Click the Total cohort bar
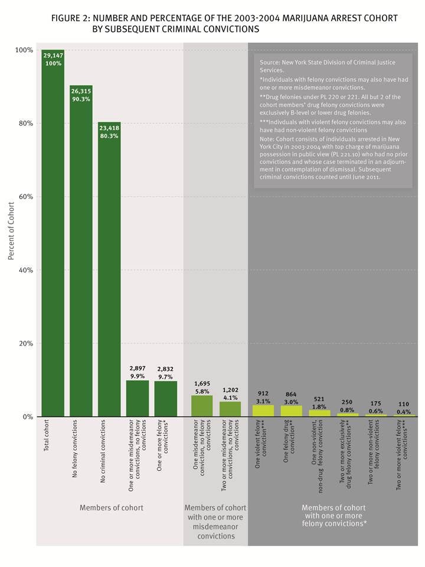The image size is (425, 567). click(x=53, y=236)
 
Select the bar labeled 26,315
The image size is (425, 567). click(x=81, y=254)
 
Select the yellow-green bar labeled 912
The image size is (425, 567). click(x=263, y=410)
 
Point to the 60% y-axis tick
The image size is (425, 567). click(x=24, y=197)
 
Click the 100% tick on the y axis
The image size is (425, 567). click(x=23, y=50)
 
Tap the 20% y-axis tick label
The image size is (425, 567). click(x=24, y=343)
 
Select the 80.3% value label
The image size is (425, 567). click(x=109, y=136)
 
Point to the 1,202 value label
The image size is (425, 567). click(x=230, y=390)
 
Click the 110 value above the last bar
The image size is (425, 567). click(x=404, y=405)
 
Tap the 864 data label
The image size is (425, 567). click(x=291, y=394)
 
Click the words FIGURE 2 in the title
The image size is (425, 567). click(x=71, y=18)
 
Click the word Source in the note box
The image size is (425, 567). click(x=269, y=62)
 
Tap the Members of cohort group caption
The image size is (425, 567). click(x=112, y=507)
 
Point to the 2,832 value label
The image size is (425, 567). click(x=166, y=369)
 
